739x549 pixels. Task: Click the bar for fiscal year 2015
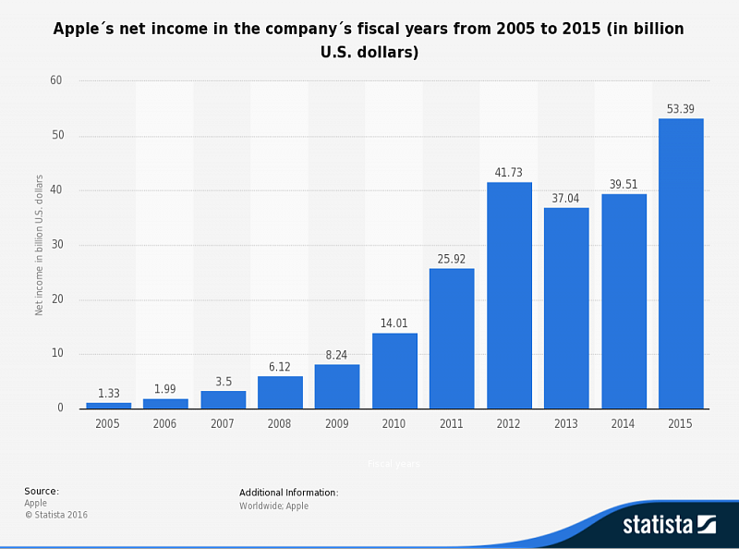point(681,263)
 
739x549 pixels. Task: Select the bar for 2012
point(509,296)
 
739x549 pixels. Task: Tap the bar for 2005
point(109,405)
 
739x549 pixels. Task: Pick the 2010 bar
point(394,371)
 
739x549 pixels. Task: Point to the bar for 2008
point(280,392)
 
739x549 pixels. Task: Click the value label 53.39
point(681,109)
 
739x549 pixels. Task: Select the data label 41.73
point(509,173)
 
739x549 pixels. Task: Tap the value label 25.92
point(452,259)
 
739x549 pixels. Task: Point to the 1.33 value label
point(109,393)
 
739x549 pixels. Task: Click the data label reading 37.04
point(566,198)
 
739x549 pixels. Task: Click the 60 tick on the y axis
point(56,81)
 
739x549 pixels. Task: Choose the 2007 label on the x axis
point(223,423)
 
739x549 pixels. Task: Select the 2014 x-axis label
point(624,423)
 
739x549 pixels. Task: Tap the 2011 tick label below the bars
point(452,423)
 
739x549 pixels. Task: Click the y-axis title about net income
point(40,245)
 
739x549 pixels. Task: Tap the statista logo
point(669,524)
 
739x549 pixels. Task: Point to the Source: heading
point(42,491)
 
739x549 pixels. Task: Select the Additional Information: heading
point(289,493)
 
